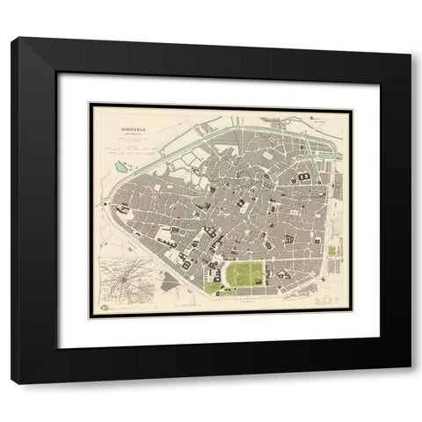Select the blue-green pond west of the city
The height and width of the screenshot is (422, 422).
(x=120, y=164)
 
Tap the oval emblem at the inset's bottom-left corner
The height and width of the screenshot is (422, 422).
(x=104, y=306)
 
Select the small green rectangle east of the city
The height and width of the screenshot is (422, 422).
(x=331, y=251)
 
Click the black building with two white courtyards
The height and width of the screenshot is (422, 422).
(x=303, y=178)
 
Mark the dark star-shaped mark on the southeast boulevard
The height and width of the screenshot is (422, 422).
(x=324, y=279)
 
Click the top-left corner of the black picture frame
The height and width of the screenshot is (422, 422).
(x=12, y=39)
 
